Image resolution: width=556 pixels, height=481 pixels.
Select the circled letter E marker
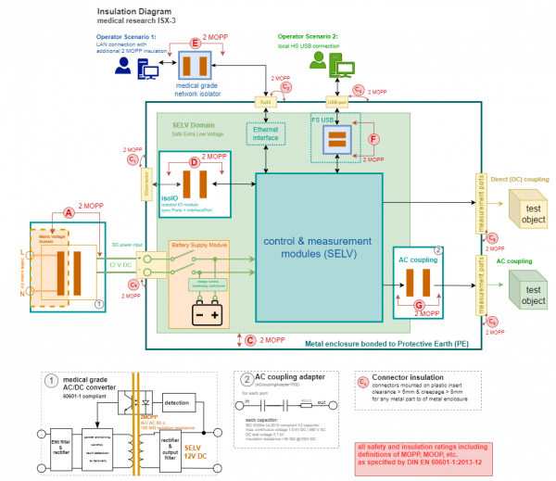[x=195, y=44]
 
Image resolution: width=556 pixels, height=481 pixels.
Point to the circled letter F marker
[x=373, y=139]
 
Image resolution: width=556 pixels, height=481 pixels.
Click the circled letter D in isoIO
[x=194, y=163]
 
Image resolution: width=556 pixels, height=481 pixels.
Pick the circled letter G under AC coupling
[x=418, y=303]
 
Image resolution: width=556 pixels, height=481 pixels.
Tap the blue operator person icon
[x=123, y=66]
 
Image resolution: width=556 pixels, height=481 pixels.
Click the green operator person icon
[x=320, y=62]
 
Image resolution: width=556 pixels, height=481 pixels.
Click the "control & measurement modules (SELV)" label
[x=319, y=247]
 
